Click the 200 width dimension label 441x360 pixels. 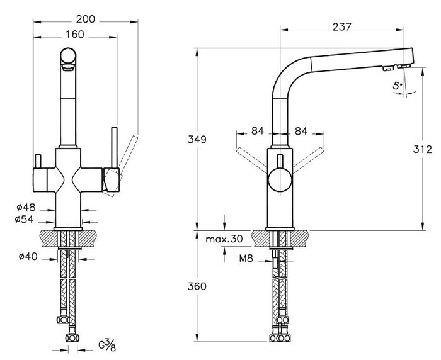click(85, 20)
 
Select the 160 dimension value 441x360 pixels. click(74, 34)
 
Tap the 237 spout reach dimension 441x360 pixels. click(340, 27)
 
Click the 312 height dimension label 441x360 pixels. click(422, 149)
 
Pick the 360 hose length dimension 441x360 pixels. click(198, 286)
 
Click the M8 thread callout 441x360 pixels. click(247, 257)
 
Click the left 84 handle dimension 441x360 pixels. click(257, 132)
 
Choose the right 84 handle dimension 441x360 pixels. click(301, 132)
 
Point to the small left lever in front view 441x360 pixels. click(37, 165)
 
